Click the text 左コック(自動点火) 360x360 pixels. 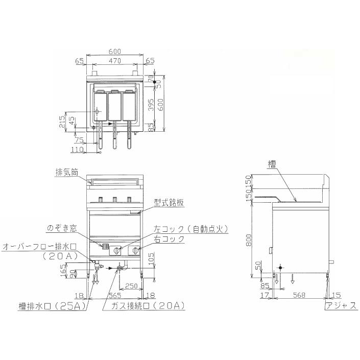(190, 229)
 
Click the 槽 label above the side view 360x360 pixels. (271, 164)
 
